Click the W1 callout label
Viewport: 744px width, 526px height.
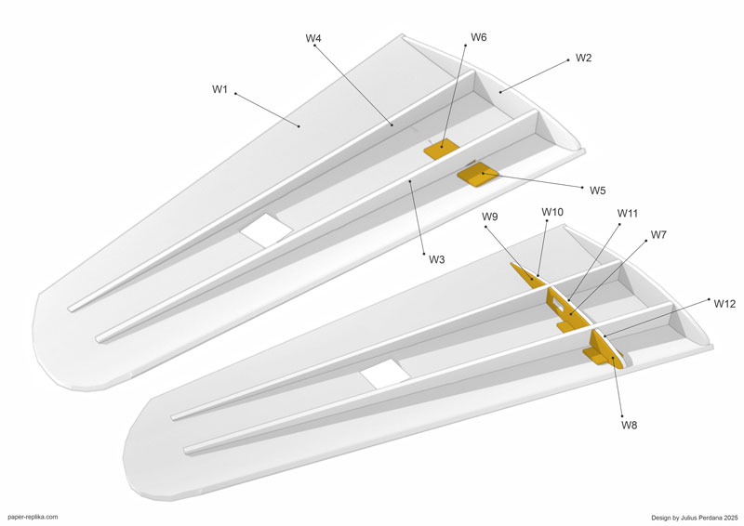[x=219, y=89]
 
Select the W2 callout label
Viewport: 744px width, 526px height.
[x=584, y=58]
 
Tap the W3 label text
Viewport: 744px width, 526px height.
[x=437, y=259]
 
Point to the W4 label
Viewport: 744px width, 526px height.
[x=313, y=38]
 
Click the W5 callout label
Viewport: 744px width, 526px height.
[x=598, y=191]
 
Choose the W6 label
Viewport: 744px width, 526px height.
[x=479, y=37]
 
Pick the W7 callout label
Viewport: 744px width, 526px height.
[x=658, y=234]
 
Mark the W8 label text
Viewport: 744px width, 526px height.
[x=630, y=425]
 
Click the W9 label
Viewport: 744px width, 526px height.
[x=490, y=217]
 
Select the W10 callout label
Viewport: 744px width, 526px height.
[x=552, y=212]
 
